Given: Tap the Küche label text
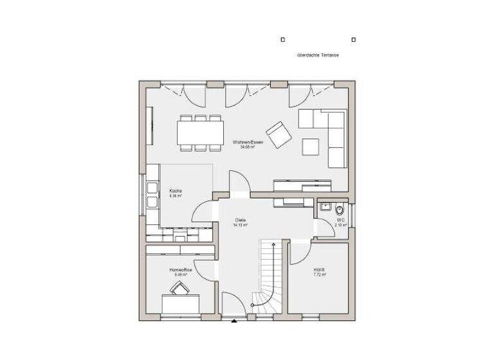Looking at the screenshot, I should coord(176,191).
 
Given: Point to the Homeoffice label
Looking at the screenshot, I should coord(181,270).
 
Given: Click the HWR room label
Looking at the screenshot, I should coord(320,270).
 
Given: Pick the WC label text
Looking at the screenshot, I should coord(341,220).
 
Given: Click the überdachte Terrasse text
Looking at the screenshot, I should coord(318,56).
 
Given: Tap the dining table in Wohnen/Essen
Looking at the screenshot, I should coord(200,132).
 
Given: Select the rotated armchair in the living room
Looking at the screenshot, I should coord(279,134).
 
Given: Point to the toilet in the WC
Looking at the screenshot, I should coord(341,210).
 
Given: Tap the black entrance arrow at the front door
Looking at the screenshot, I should coord(235,319).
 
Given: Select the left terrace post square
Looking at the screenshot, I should coord(282,39).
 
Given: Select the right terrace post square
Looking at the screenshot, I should coord(354,39).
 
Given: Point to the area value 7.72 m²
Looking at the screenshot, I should coord(320,275).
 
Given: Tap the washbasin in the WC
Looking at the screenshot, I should coord(325,208).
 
